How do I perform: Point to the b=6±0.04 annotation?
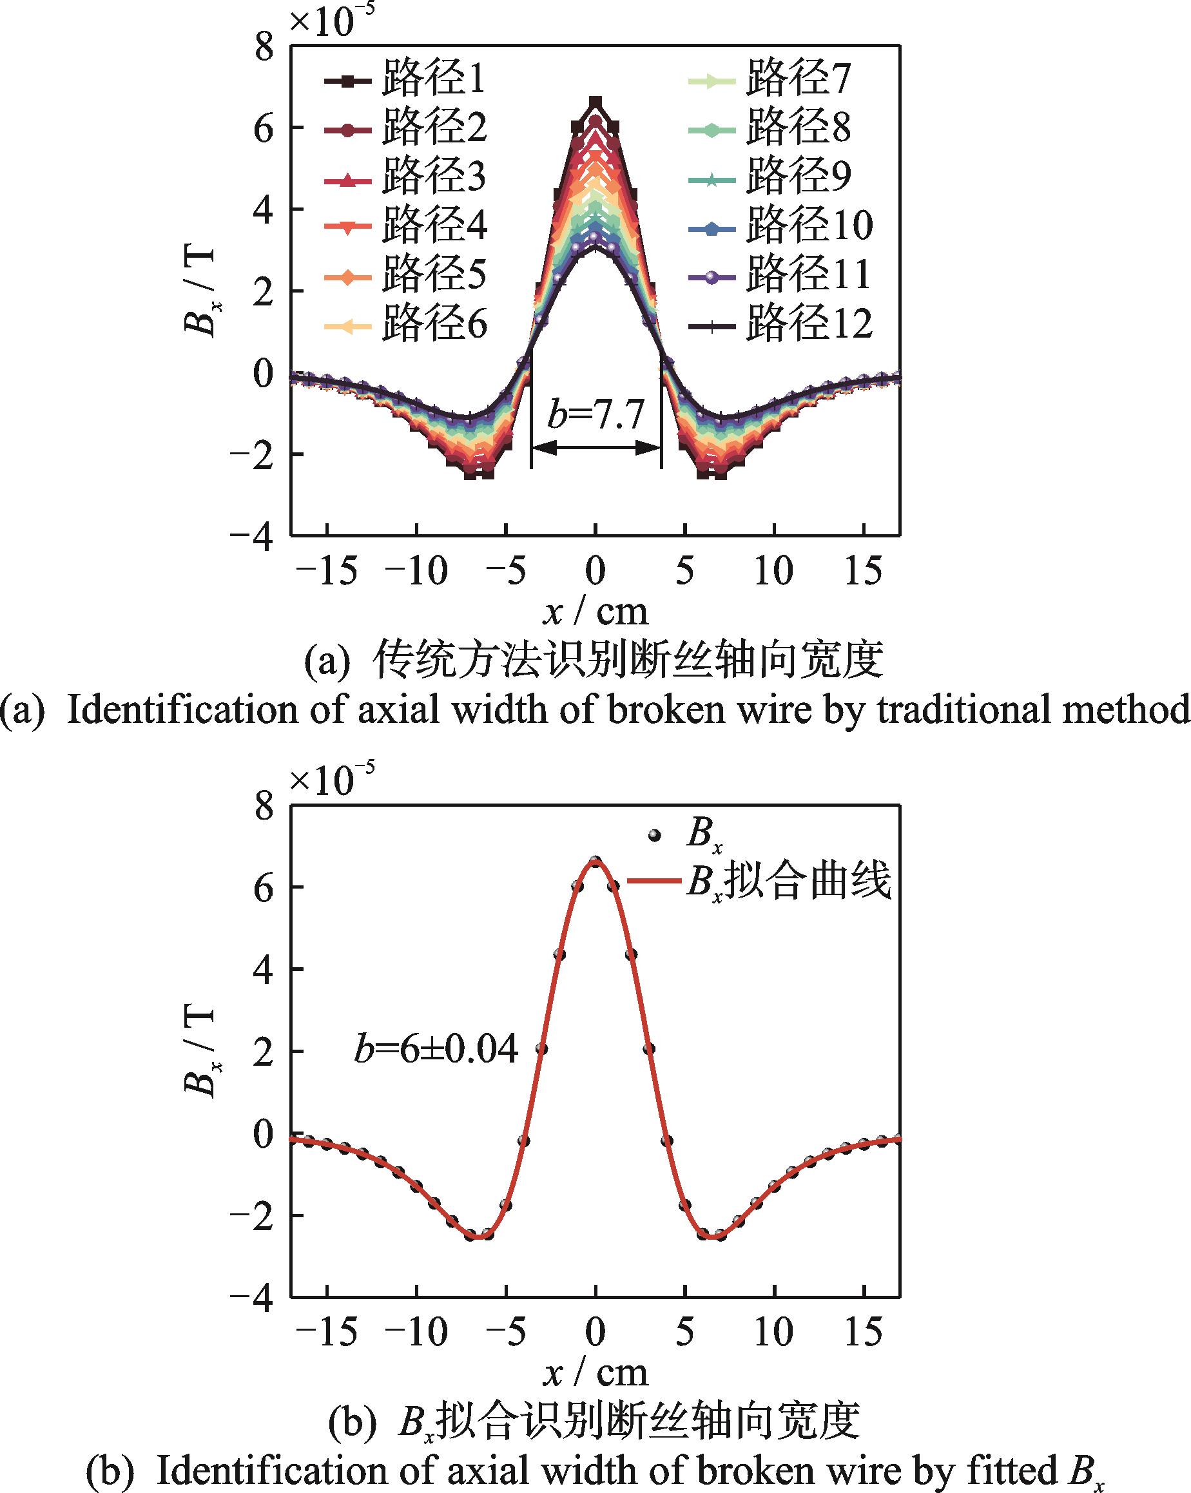436,1050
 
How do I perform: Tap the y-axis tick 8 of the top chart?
264,48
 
